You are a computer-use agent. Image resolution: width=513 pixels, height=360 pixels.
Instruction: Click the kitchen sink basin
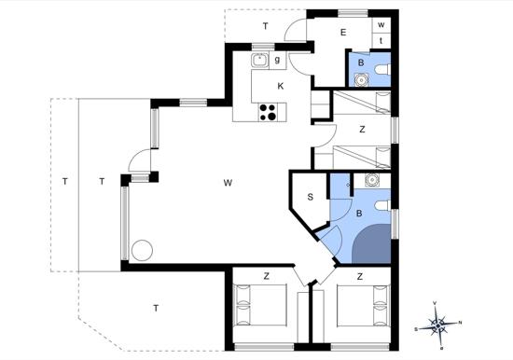tap(260, 61)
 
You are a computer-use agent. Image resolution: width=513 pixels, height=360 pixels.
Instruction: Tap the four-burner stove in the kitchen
tap(268, 112)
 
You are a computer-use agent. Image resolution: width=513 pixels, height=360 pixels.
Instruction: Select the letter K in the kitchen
tap(281, 87)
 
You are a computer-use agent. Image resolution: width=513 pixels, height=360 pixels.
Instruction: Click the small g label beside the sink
tap(277, 60)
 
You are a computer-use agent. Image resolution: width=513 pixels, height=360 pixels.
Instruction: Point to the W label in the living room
tap(228, 183)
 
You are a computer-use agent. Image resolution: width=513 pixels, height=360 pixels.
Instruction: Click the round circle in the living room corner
tap(142, 250)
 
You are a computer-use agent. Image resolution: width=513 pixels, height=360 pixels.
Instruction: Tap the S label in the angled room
tap(311, 197)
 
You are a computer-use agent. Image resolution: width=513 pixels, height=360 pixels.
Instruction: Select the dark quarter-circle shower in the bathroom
tap(371, 243)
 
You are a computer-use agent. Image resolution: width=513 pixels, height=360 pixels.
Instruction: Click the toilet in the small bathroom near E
tap(382, 69)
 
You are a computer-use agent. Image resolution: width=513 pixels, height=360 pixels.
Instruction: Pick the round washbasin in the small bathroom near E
tap(361, 80)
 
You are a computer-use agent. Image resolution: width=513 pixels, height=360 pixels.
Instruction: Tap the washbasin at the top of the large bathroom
tap(371, 179)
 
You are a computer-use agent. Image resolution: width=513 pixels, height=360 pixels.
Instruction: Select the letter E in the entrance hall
tap(343, 33)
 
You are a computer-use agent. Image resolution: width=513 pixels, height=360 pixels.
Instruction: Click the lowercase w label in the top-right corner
tap(381, 25)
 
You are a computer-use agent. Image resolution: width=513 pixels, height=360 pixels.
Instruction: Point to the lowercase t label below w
tap(381, 41)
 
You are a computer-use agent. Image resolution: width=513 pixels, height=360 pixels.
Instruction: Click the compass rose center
tap(437, 325)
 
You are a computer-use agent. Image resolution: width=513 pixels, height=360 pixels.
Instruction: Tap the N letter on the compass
tap(460, 323)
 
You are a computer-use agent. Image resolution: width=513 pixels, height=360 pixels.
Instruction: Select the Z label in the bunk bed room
tap(362, 130)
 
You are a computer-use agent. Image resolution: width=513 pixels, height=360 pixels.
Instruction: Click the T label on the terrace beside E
tap(266, 26)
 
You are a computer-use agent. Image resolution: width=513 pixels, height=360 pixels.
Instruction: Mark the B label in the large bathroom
tap(359, 214)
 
